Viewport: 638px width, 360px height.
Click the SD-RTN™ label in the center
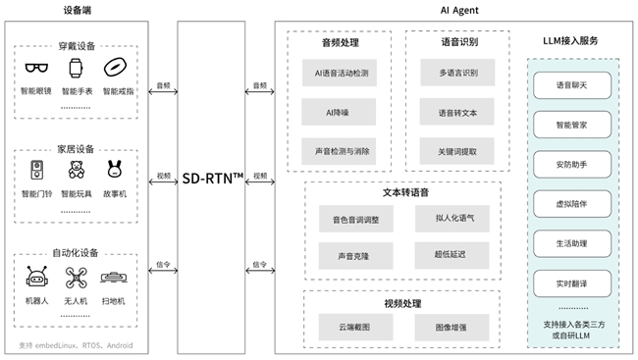click(212, 180)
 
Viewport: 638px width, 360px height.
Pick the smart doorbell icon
click(38, 170)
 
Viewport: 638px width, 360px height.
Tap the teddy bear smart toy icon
click(76, 170)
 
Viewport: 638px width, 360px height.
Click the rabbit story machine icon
click(114, 170)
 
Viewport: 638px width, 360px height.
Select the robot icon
click(38, 277)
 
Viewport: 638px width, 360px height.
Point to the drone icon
click(76, 277)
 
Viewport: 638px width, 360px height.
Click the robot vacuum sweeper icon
click(114, 277)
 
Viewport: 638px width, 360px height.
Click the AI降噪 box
click(337, 113)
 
